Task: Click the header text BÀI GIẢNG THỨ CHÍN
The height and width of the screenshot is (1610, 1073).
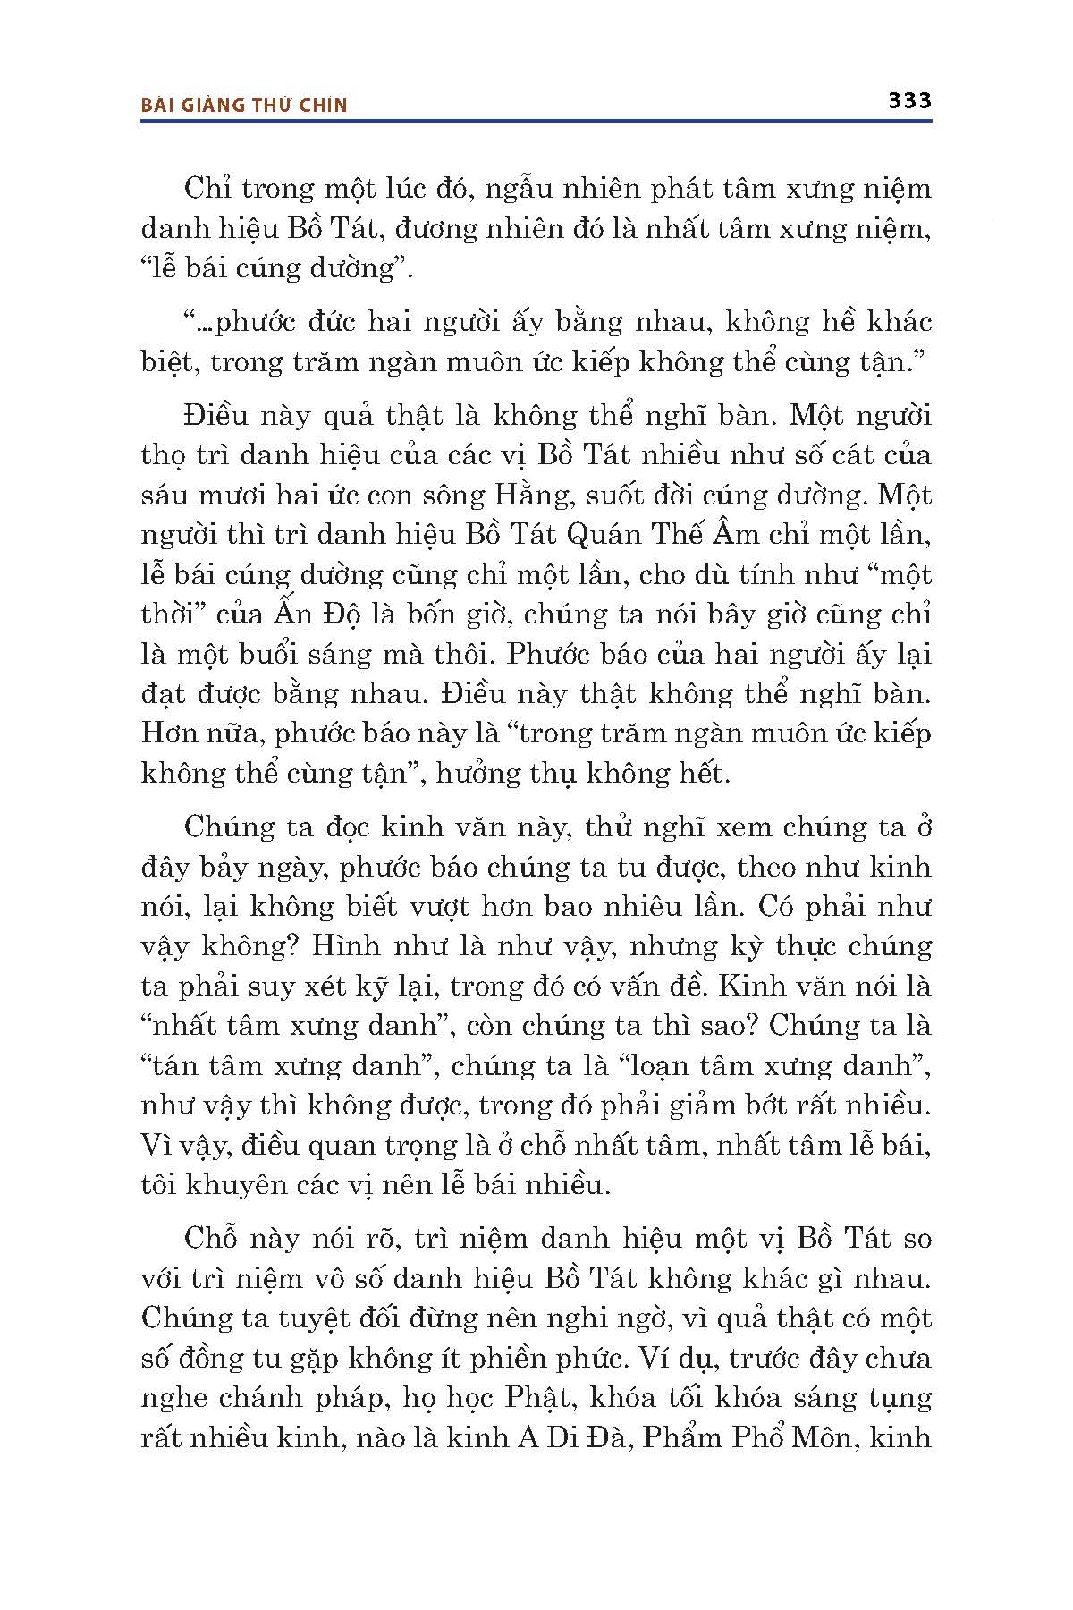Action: point(244,105)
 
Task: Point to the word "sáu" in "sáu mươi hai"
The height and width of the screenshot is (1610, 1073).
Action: point(165,495)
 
